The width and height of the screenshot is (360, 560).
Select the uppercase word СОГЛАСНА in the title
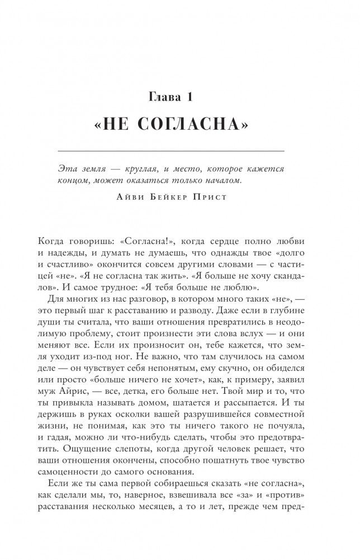(189, 126)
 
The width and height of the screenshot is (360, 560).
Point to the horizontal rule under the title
(179, 152)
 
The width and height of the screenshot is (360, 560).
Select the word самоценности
(94, 486)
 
